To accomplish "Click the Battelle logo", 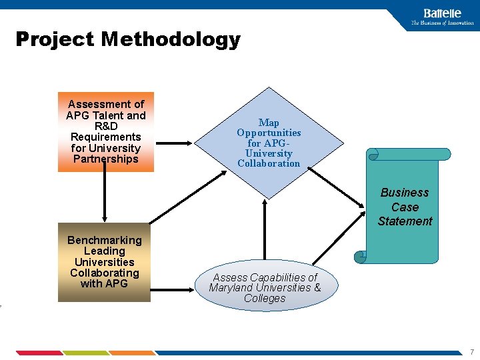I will [x=441, y=13].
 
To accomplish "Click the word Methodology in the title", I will [x=170, y=39].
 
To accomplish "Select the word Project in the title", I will [x=55, y=39].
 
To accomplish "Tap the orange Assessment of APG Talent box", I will [x=105, y=132].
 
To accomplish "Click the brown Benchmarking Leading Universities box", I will [x=104, y=262].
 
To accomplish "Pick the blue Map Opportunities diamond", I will [x=269, y=143].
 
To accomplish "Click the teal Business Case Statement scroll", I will [x=405, y=207].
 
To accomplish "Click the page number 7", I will [x=471, y=351].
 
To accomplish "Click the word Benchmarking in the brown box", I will [x=105, y=240].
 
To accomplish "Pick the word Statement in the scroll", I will [x=405, y=221].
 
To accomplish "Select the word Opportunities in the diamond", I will [x=269, y=133].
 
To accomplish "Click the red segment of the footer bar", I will [x=39, y=353].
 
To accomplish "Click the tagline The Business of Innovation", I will [x=442, y=23].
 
